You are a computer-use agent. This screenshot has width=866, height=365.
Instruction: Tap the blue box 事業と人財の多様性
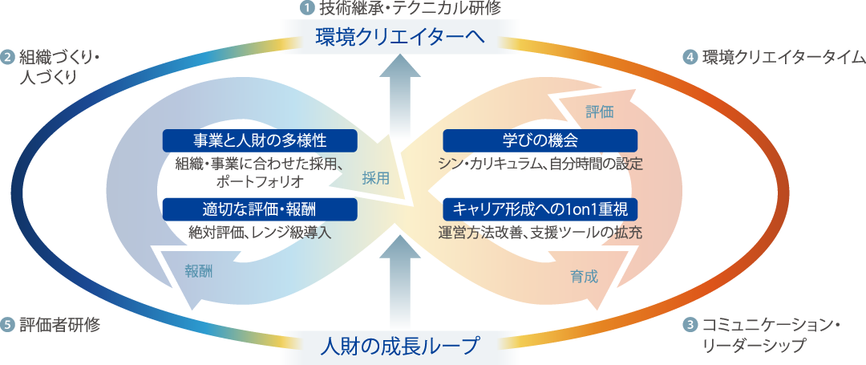tap(260, 140)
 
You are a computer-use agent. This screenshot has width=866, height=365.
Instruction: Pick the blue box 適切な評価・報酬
tap(260, 209)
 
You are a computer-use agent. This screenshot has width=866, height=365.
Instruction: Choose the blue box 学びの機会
tap(540, 140)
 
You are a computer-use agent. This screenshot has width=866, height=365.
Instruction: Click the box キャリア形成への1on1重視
tap(540, 209)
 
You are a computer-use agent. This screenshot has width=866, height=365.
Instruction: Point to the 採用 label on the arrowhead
tap(375, 179)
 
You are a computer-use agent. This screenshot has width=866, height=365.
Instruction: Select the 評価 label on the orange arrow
tap(599, 112)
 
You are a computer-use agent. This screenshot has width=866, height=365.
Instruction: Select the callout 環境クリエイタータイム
tap(774, 57)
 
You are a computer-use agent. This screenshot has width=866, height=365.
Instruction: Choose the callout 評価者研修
tap(52, 325)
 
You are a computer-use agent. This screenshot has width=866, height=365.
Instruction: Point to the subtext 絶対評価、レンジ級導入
tap(260, 233)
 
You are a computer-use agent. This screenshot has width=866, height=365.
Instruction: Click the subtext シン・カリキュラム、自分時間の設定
tap(540, 164)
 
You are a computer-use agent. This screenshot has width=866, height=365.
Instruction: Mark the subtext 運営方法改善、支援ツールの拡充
tap(540, 233)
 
